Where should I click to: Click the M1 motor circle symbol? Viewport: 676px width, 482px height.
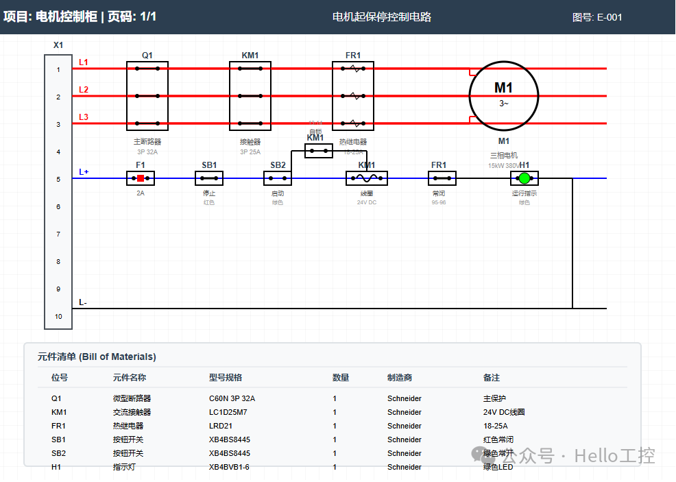[x=503, y=95]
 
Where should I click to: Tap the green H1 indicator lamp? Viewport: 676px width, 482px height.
[x=524, y=178]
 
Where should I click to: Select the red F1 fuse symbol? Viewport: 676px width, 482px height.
[x=141, y=178]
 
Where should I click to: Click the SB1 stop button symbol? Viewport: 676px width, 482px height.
[x=209, y=178]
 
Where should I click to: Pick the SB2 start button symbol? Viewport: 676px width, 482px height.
[x=278, y=178]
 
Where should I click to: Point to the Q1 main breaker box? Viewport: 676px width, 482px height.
[x=147, y=96]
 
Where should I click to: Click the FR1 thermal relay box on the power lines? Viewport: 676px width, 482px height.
[x=353, y=96]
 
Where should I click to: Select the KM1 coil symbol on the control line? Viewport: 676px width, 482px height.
[x=367, y=178]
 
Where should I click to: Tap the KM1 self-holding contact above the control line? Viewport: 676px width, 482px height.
[x=319, y=150]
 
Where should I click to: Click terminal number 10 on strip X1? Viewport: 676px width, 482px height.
[x=58, y=316]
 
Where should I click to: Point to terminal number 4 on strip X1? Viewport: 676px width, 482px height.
[x=58, y=152]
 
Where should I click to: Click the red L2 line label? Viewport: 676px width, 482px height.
[x=84, y=90]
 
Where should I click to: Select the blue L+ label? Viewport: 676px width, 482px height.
[x=84, y=172]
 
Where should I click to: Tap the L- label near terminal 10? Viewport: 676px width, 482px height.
[x=83, y=302]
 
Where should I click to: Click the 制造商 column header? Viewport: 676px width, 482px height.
[x=400, y=377]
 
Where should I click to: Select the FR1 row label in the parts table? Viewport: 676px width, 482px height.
[x=59, y=426]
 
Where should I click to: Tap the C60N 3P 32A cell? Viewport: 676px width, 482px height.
[x=237, y=398]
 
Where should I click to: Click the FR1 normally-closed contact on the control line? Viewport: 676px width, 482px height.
[x=442, y=178]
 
